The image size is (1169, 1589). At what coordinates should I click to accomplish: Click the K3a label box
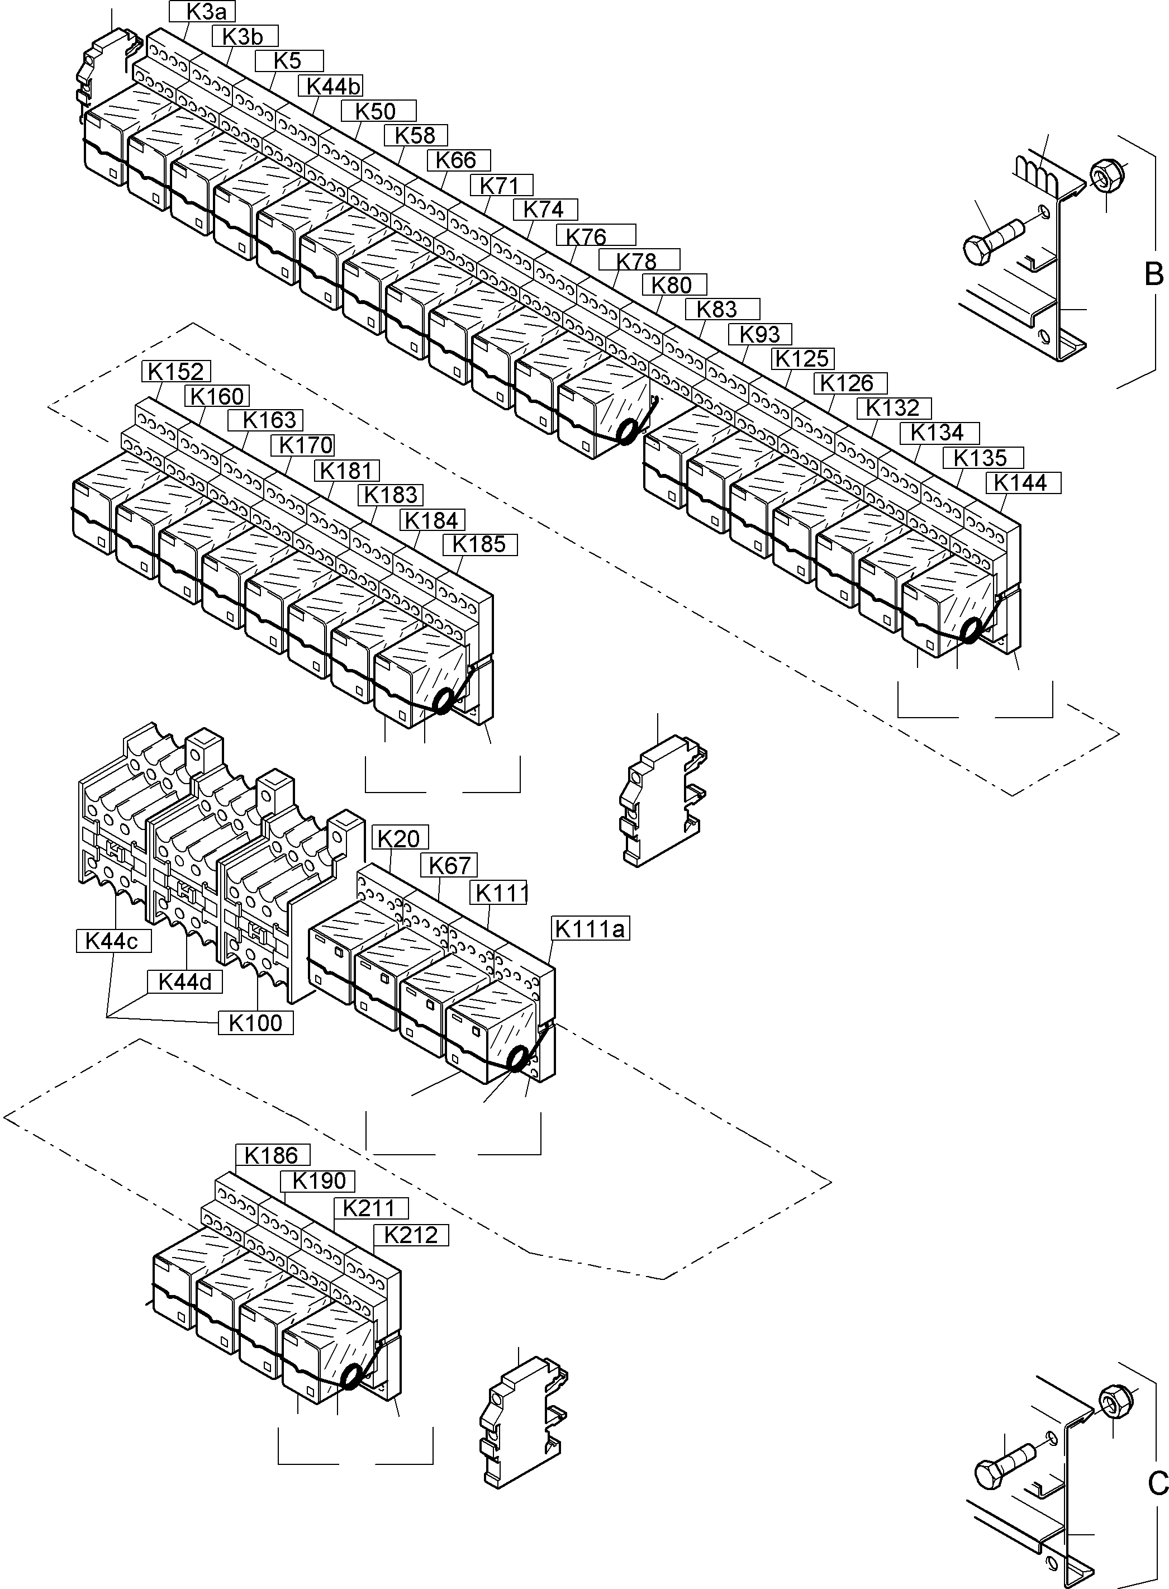202,11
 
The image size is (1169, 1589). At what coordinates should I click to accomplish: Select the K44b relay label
333,86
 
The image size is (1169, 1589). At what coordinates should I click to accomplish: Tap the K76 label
595,236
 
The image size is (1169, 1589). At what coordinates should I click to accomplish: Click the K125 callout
802,359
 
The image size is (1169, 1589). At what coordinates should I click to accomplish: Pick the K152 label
176,372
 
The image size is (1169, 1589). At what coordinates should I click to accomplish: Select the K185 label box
479,544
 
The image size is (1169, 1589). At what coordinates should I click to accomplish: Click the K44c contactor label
111,941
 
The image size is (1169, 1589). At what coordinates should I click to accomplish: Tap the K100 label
255,1023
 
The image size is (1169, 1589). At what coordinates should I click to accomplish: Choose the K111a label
590,928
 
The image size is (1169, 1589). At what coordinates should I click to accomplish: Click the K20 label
398,839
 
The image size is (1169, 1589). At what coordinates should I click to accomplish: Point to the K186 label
272,1155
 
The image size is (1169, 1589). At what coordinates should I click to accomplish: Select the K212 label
410,1235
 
